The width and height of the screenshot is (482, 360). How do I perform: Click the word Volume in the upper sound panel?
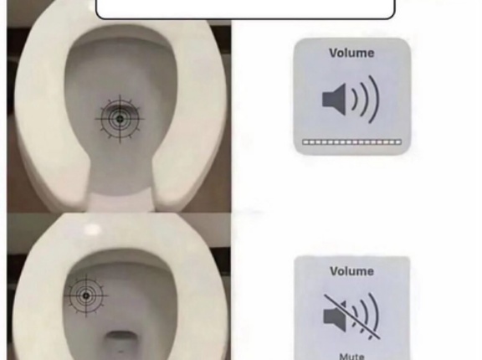(x=351, y=53)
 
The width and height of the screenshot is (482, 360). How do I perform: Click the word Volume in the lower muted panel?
(x=352, y=271)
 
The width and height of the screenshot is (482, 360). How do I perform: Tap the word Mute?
(x=352, y=357)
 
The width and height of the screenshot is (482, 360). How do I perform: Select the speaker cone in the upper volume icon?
(x=334, y=100)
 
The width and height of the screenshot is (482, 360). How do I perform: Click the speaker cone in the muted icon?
(x=335, y=316)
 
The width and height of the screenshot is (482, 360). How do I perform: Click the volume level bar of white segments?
(x=352, y=142)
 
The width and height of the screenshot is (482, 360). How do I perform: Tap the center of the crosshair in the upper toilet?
(x=120, y=119)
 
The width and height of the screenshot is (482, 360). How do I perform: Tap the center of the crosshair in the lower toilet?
(x=86, y=296)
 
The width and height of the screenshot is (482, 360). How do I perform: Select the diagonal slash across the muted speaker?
(x=352, y=316)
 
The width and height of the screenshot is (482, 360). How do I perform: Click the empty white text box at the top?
(x=245, y=9)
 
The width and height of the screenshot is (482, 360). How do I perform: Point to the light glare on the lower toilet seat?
(x=92, y=229)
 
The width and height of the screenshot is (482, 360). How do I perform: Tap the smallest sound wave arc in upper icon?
(x=355, y=100)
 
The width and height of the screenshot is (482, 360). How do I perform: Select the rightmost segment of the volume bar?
(x=398, y=142)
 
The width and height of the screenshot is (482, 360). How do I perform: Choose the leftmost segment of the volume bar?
(x=305, y=142)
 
